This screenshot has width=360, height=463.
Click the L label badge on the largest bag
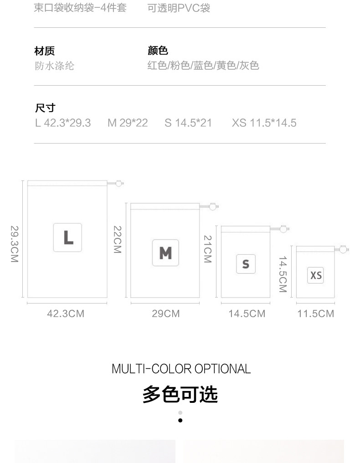[x=67, y=237]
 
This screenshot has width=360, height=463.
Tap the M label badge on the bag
[x=165, y=252]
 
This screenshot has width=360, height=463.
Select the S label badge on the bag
[x=246, y=264]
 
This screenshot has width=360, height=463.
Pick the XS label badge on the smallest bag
[x=316, y=275]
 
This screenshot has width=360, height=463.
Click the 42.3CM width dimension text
[x=66, y=314]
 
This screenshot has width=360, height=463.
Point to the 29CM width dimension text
[x=166, y=314]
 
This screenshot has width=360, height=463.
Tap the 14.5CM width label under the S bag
[x=247, y=314]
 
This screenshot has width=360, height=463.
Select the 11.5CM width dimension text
[x=315, y=314]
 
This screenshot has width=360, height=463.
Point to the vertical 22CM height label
[x=117, y=240]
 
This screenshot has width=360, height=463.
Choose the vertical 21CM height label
[x=207, y=249]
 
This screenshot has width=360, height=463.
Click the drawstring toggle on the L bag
[x=119, y=183]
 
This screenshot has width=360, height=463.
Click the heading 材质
[x=45, y=51]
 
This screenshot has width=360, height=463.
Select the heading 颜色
[x=158, y=51]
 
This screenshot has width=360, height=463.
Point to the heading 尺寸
[x=45, y=108]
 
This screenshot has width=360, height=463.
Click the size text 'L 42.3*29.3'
[x=63, y=123]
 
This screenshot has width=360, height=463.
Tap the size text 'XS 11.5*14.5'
[x=264, y=123]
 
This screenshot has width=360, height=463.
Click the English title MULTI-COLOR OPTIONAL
[x=181, y=369]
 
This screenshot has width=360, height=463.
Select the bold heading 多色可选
[x=180, y=394]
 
